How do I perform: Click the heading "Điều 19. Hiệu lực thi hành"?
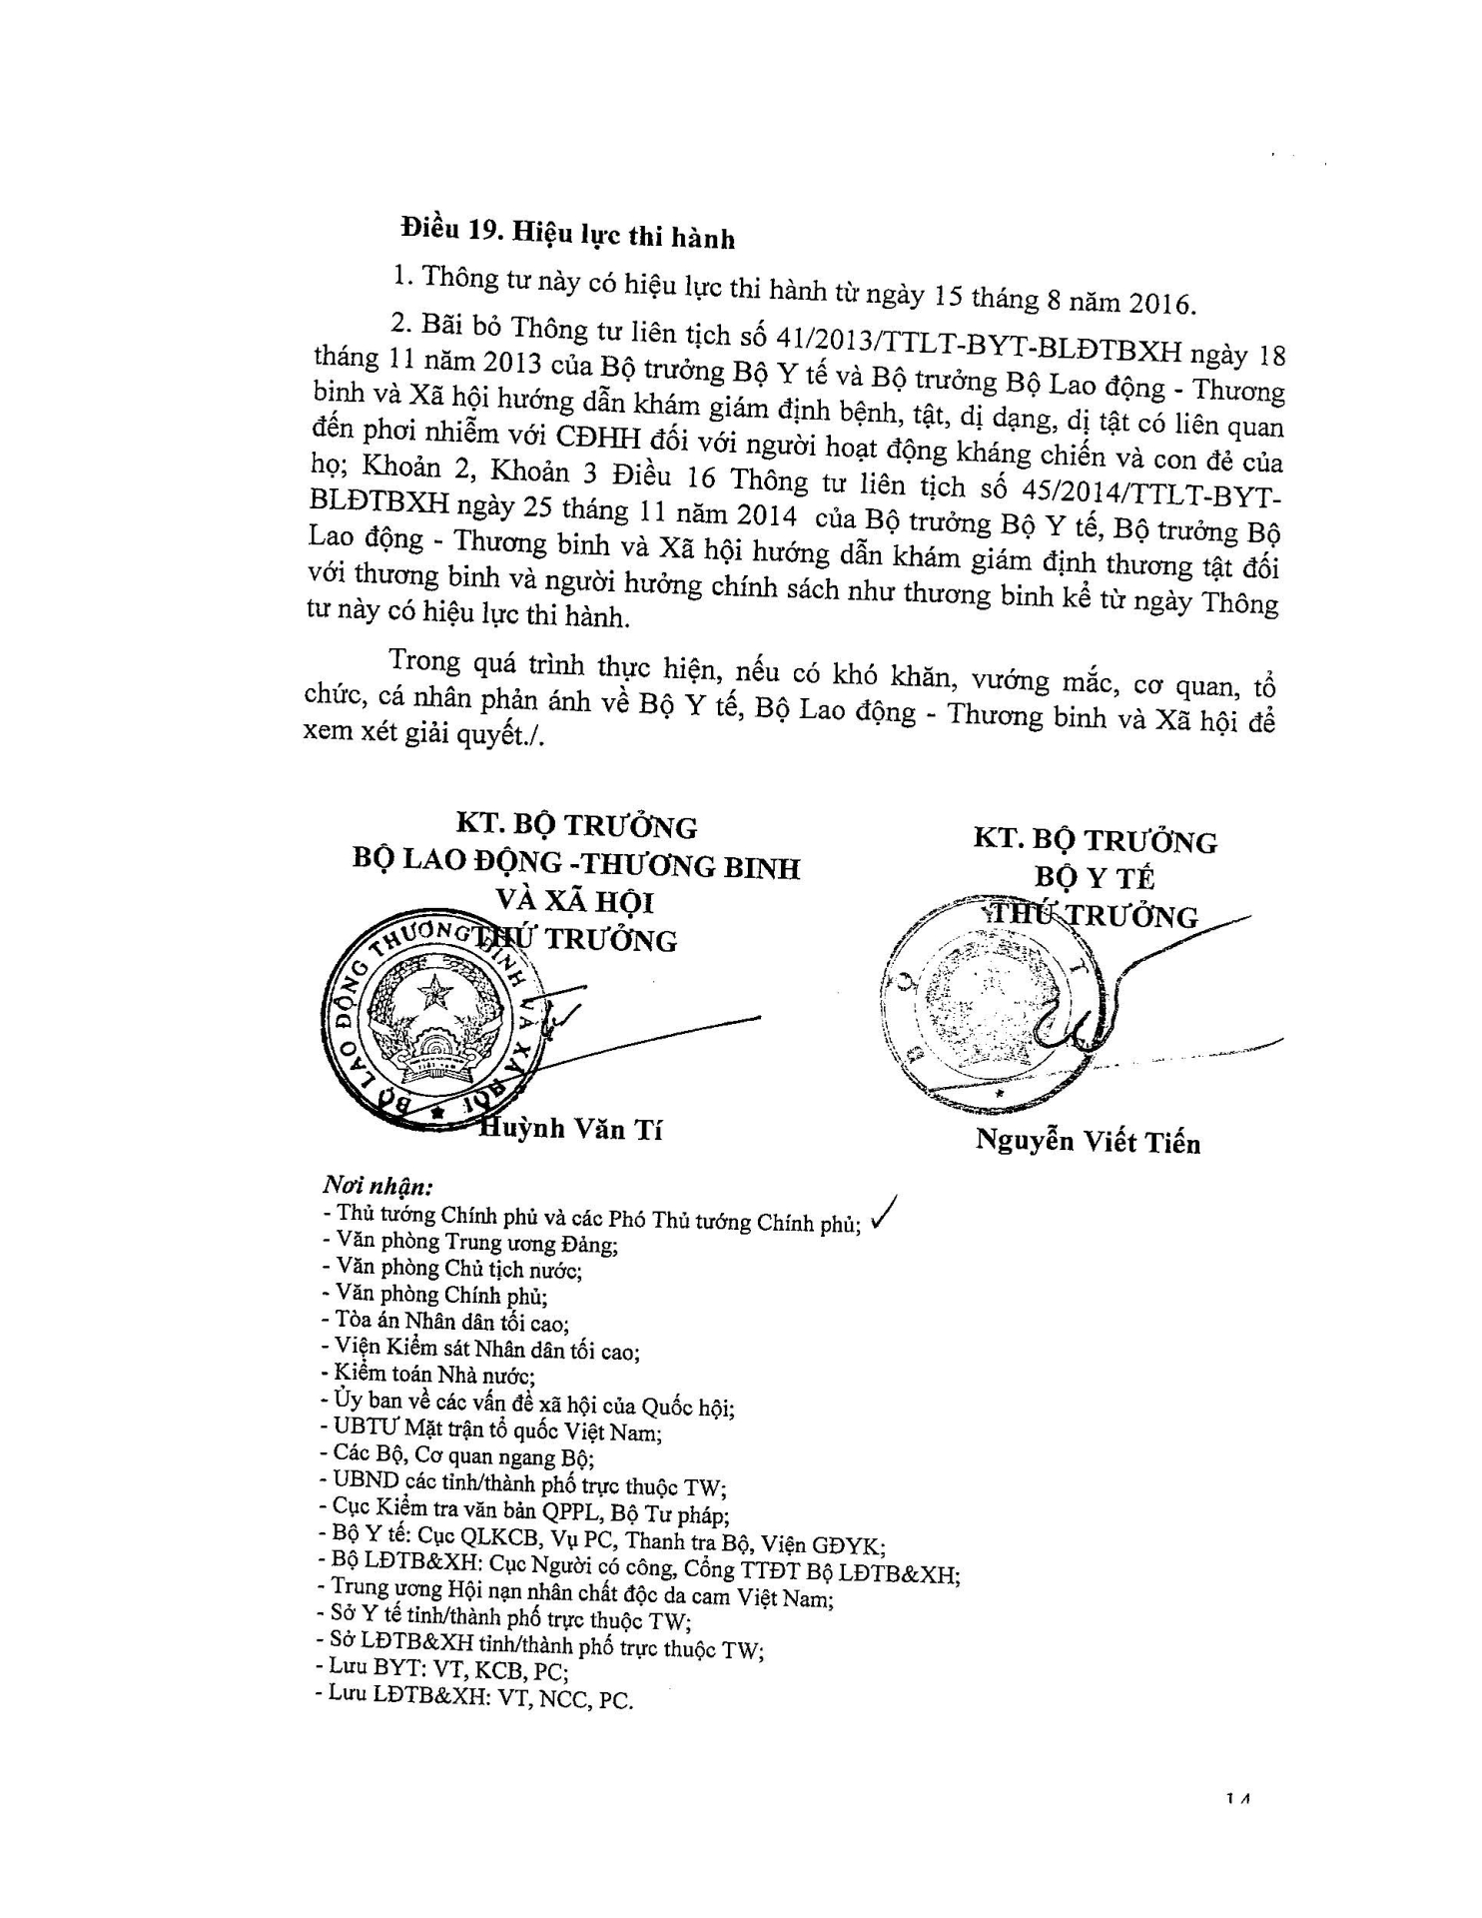567,232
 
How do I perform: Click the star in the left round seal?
434,992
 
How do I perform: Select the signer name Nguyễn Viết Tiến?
1088,1142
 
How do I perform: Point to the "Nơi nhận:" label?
377,1187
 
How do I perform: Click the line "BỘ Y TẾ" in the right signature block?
1095,878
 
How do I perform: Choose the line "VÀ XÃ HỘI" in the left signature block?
575,902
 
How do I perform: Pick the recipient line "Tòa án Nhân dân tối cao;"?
446,1323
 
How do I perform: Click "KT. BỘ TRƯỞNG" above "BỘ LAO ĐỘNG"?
576,826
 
